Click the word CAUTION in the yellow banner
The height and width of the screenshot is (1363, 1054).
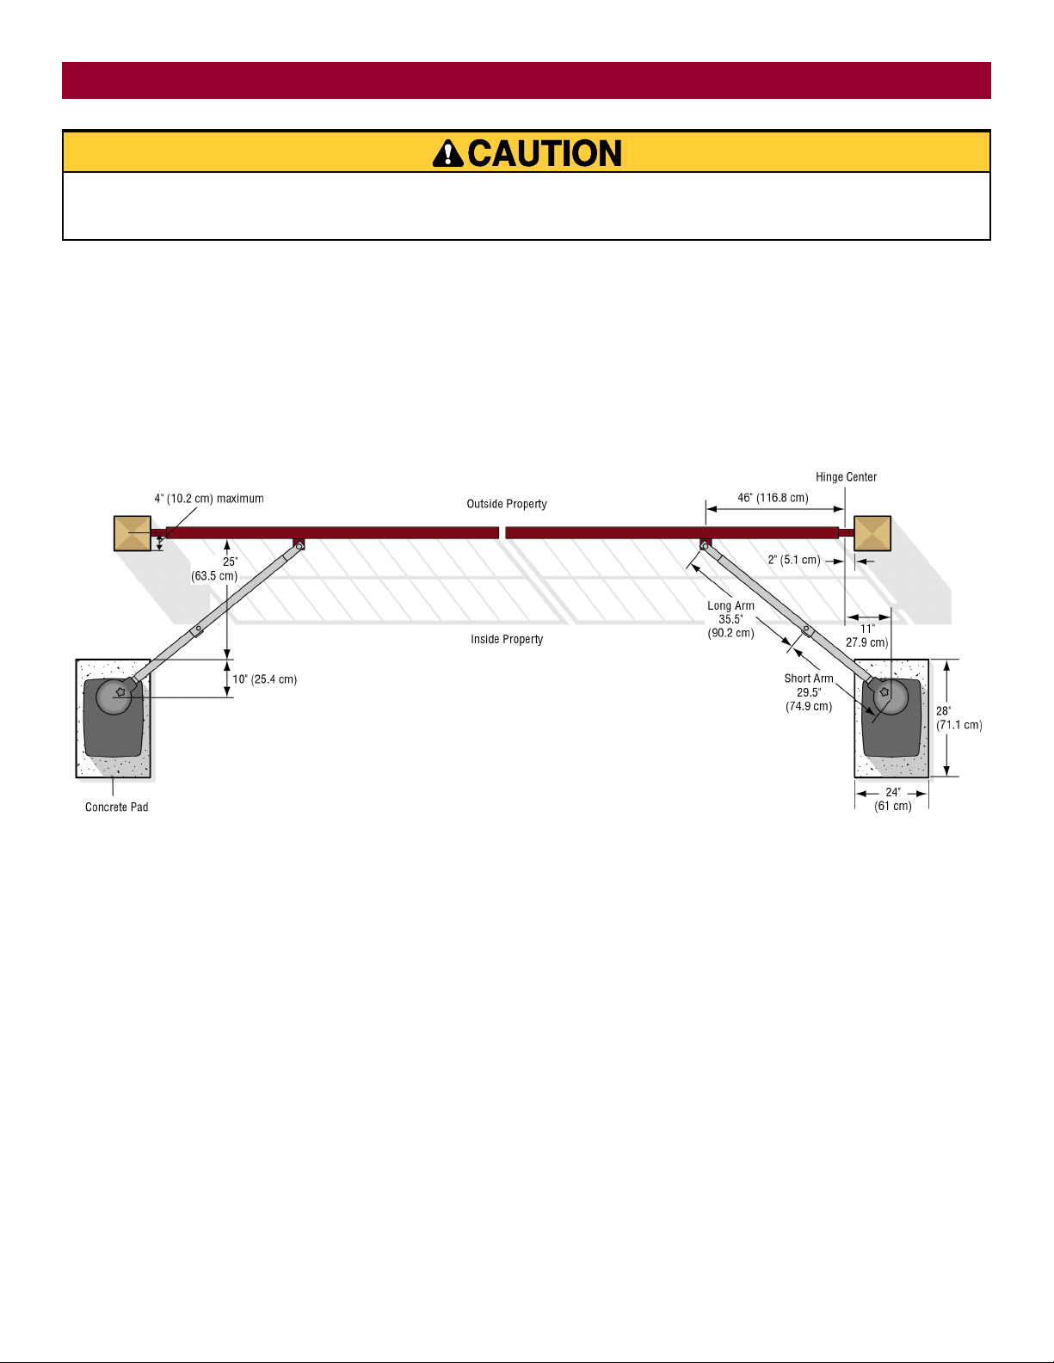click(x=545, y=154)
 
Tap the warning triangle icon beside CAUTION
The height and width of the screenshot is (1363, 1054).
click(x=447, y=154)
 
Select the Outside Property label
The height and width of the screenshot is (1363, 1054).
click(x=507, y=504)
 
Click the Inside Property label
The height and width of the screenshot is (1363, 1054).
click(x=507, y=639)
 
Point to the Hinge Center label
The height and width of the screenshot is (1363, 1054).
click(x=846, y=477)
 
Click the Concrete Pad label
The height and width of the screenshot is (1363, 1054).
click(x=116, y=807)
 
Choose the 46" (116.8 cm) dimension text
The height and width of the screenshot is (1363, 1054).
click(x=773, y=498)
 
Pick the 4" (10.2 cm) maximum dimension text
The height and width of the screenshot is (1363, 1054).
click(x=209, y=499)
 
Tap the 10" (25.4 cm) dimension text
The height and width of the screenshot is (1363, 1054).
click(x=264, y=679)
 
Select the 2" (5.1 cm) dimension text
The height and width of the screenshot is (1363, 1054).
click(x=794, y=560)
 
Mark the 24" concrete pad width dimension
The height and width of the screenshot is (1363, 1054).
click(x=893, y=799)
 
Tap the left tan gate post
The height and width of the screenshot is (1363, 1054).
click(x=133, y=533)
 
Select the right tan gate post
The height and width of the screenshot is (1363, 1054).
click(x=872, y=533)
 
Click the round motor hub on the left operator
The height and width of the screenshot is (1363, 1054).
click(x=114, y=696)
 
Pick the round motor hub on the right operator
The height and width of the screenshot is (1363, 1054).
click(x=891, y=696)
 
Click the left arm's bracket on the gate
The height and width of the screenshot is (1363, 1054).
click(x=299, y=544)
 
